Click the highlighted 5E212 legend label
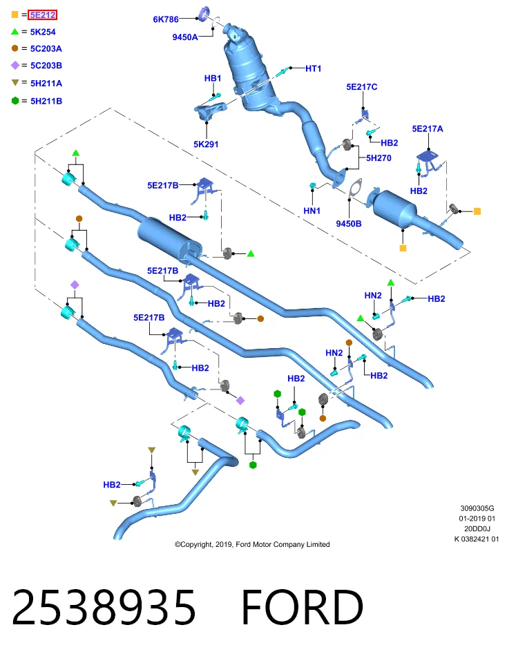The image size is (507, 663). (42, 15)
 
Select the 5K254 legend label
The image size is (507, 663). (43, 32)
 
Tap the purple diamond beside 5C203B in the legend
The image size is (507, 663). (15, 65)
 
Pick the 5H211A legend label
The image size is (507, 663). (46, 84)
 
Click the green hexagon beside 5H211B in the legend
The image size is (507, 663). (15, 101)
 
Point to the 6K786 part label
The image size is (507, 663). (166, 19)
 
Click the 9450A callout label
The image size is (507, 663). (185, 37)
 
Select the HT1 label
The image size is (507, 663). (314, 68)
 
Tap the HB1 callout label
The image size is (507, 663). (213, 78)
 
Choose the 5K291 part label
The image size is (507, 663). (206, 144)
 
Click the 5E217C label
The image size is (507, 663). (361, 87)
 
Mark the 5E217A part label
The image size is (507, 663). (428, 129)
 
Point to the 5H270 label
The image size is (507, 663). (379, 158)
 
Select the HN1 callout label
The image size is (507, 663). (312, 211)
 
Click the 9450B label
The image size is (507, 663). (348, 224)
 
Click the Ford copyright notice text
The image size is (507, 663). (252, 545)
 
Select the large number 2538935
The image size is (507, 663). (104, 607)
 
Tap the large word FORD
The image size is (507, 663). (303, 607)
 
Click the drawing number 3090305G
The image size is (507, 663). (477, 508)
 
